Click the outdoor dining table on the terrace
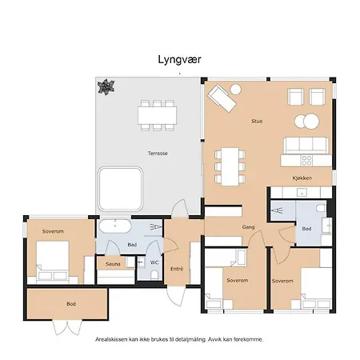[x=156, y=115]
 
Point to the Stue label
[x=258, y=121]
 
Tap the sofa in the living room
[x=306, y=145]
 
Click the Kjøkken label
[x=302, y=178]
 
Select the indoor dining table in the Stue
[x=230, y=165]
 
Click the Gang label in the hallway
[x=248, y=227]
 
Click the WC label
[x=154, y=262]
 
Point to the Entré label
[x=177, y=269]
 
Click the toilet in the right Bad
[x=321, y=210]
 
